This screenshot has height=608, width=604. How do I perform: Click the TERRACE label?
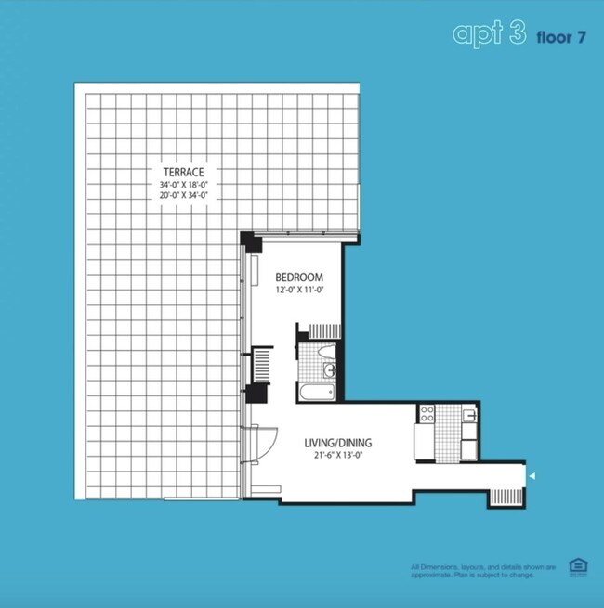click(x=181, y=172)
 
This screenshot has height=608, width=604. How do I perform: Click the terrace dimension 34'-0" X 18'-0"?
click(x=181, y=184)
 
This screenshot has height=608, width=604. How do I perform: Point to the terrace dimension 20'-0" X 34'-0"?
click(x=181, y=195)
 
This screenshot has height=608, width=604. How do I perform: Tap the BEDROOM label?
click(x=298, y=278)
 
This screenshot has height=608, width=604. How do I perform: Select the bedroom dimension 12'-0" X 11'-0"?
click(x=298, y=291)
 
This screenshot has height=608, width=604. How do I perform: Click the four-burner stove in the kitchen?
click(x=428, y=414)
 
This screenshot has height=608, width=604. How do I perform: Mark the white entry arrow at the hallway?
click(x=532, y=477)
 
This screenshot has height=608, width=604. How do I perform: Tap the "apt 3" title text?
click(x=488, y=34)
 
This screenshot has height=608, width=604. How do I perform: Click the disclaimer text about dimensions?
click(x=483, y=570)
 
